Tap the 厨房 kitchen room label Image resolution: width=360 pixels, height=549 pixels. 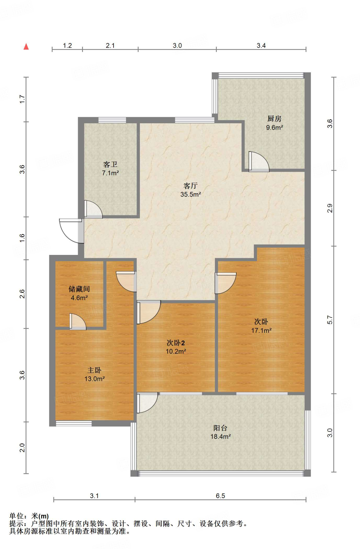(274, 118)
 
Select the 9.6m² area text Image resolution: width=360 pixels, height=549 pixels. (274, 127)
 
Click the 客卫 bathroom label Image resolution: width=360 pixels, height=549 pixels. (110, 164)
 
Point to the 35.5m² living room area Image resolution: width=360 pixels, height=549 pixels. (190, 194)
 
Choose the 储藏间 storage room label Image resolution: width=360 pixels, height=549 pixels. (79, 289)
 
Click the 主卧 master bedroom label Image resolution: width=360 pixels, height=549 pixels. (94, 370)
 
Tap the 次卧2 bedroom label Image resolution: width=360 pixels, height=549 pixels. (176, 343)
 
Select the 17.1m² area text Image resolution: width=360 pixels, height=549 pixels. (261, 330)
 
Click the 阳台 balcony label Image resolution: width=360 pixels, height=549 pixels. (221, 428)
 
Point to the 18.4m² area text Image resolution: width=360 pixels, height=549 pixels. (221, 436)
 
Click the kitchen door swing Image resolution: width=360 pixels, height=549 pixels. (259, 162)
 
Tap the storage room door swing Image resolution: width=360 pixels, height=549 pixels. (78, 321)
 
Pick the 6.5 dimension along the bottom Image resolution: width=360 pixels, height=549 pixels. (221, 496)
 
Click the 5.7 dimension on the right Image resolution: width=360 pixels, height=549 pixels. (330, 320)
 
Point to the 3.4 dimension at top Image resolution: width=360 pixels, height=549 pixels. (261, 45)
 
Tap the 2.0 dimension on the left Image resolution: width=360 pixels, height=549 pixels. (22, 448)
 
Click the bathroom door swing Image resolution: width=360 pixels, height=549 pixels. (93, 209)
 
